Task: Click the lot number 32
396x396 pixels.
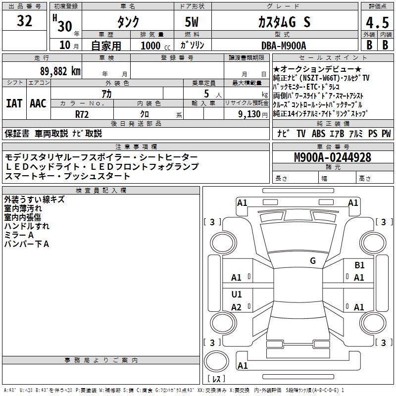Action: (25, 21)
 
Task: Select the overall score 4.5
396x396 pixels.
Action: (377, 22)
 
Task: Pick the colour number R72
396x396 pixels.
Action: (82, 113)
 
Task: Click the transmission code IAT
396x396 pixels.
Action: (14, 103)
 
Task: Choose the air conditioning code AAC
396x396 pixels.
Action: (38, 103)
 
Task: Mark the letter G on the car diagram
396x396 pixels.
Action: (313, 260)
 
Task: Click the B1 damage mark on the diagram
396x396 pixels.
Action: (359, 265)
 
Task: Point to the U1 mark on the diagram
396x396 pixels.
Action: (237, 295)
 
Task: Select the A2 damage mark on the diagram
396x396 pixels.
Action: (237, 307)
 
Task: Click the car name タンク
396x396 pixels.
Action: (128, 22)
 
